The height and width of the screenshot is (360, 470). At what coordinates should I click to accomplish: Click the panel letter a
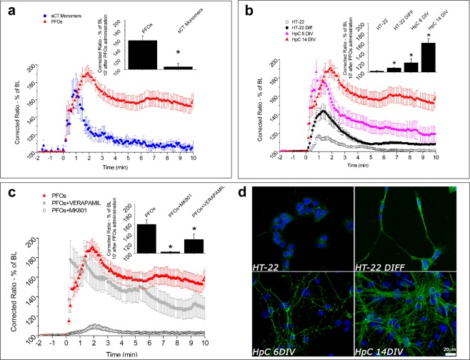pyautogui.click(x=10, y=10)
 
